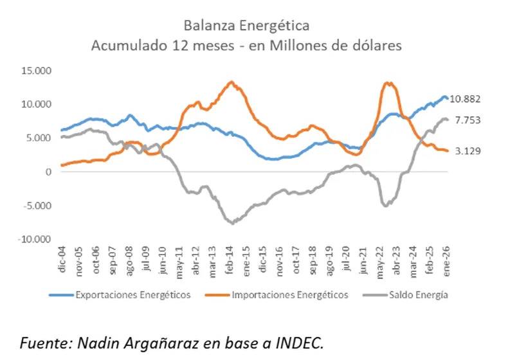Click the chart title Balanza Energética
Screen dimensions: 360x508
point(246,26)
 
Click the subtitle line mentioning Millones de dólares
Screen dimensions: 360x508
point(246,46)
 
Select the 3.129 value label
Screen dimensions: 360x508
point(468,151)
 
